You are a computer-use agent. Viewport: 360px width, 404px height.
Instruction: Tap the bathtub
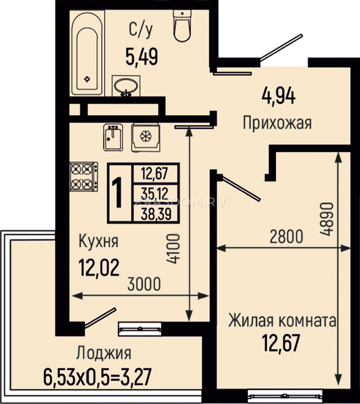[88, 53]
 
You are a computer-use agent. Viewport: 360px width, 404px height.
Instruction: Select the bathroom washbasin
[126, 86]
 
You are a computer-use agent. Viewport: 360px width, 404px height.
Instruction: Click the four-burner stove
[84, 177]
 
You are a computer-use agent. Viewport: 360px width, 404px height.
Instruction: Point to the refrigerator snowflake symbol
[146, 136]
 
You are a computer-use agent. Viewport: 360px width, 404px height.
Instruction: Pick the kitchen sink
[113, 137]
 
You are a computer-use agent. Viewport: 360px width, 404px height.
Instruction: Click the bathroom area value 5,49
[142, 57]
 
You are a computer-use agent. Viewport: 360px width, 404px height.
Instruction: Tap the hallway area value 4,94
[279, 97]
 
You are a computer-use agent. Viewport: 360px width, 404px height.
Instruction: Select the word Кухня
[99, 241]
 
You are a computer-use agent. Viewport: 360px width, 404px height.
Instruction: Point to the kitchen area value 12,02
[99, 267]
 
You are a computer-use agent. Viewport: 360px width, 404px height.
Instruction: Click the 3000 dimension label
[144, 284]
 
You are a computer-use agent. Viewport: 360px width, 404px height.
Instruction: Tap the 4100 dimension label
[173, 249]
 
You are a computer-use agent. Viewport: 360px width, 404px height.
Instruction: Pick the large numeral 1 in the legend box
[117, 193]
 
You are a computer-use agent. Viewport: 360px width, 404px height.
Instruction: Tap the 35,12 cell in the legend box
[155, 193]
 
